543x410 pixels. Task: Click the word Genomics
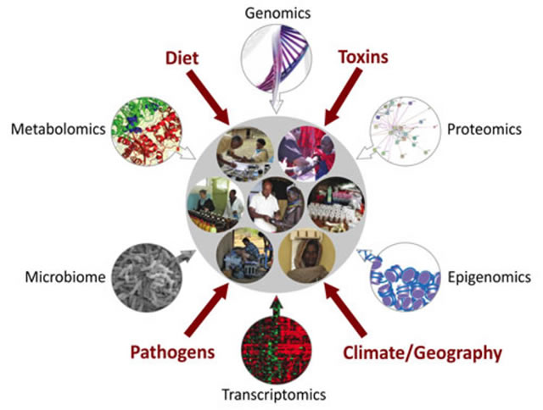point(277,14)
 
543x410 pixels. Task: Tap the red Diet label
point(182,58)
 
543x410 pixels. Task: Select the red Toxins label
point(363,57)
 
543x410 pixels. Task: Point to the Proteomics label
point(484,130)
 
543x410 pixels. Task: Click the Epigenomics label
point(489,277)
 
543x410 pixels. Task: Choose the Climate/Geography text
point(423,353)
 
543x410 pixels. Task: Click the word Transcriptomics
point(273,395)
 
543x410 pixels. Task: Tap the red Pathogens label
point(172,352)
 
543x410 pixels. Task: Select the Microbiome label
point(65,277)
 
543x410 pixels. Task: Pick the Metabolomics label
point(59,130)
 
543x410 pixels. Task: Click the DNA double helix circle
point(277,58)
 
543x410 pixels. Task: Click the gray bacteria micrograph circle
point(147,278)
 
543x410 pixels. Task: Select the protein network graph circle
point(406,131)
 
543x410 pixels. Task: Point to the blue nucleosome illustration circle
point(406,276)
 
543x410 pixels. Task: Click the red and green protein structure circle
point(147,130)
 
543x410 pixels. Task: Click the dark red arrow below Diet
point(208,97)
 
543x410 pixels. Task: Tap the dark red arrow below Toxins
point(344,97)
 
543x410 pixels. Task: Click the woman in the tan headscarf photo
point(306,255)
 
